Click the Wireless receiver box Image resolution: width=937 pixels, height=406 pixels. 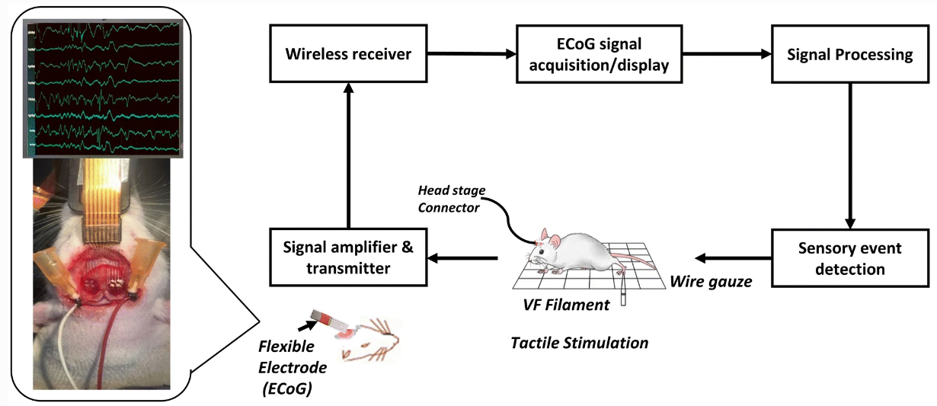[348, 54]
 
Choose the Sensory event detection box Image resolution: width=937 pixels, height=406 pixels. [850, 259]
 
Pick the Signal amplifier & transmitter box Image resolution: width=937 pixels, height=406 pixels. [348, 257]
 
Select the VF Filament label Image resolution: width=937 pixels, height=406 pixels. [564, 305]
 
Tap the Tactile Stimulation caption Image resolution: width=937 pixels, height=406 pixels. [579, 343]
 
